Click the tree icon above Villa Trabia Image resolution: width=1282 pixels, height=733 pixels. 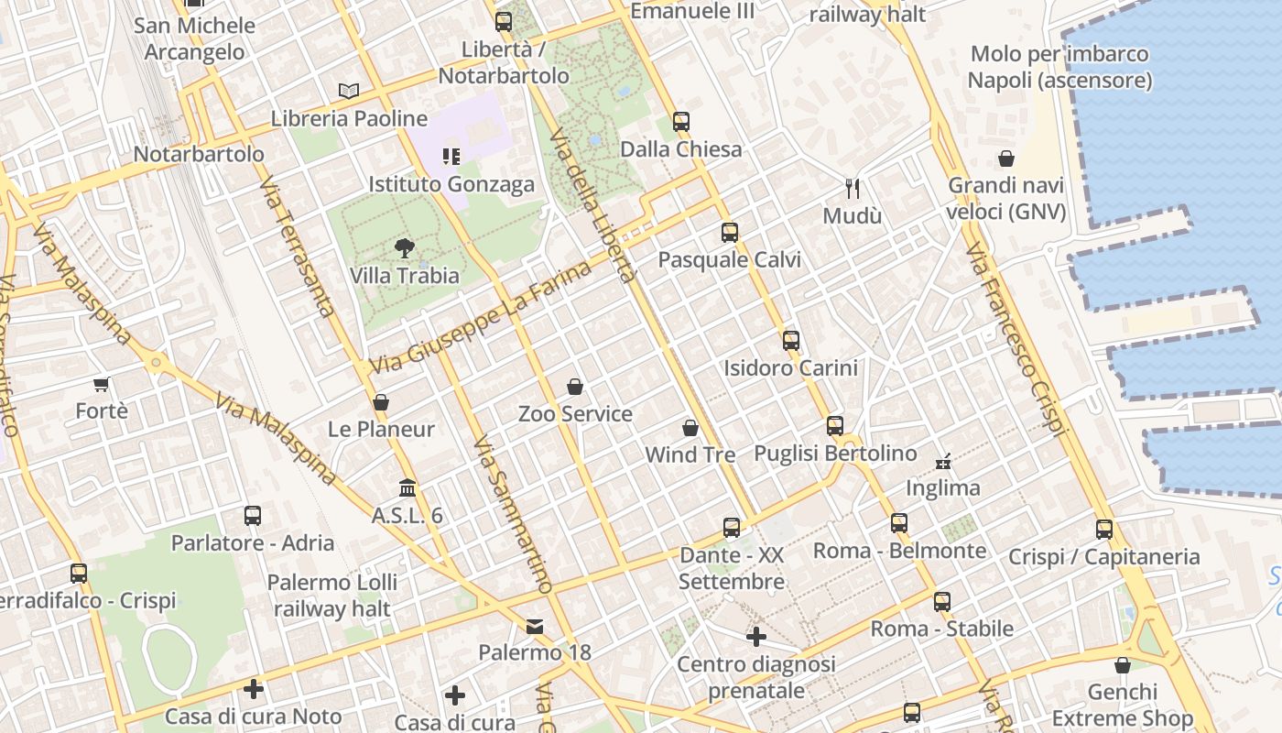(x=404, y=247)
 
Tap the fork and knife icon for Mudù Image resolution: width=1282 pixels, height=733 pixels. (x=853, y=189)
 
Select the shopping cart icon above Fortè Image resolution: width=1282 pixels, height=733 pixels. (x=102, y=384)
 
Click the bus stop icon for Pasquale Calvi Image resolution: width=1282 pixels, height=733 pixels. (x=730, y=232)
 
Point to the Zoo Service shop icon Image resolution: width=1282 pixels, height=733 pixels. (x=575, y=387)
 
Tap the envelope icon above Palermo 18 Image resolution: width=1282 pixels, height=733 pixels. (x=535, y=627)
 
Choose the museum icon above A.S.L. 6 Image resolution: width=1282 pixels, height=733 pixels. (x=407, y=487)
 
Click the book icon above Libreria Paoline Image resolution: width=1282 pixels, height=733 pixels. (x=348, y=91)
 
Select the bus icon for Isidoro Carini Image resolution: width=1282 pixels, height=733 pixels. (x=791, y=341)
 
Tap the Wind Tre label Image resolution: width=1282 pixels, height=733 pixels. (x=690, y=454)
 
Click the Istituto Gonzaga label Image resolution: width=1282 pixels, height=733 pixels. (x=451, y=184)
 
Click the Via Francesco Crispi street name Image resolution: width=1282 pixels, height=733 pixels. (x=1016, y=339)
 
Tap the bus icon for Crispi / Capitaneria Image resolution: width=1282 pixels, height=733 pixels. (x=1104, y=529)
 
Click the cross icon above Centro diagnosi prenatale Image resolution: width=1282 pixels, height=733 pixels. (x=756, y=636)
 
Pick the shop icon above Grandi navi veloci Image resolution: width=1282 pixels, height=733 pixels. (x=1006, y=159)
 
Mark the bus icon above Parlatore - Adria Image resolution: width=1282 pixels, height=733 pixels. (x=253, y=516)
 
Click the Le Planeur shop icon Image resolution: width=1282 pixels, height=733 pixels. (x=381, y=402)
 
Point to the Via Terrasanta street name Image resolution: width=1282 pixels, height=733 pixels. (x=298, y=247)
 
